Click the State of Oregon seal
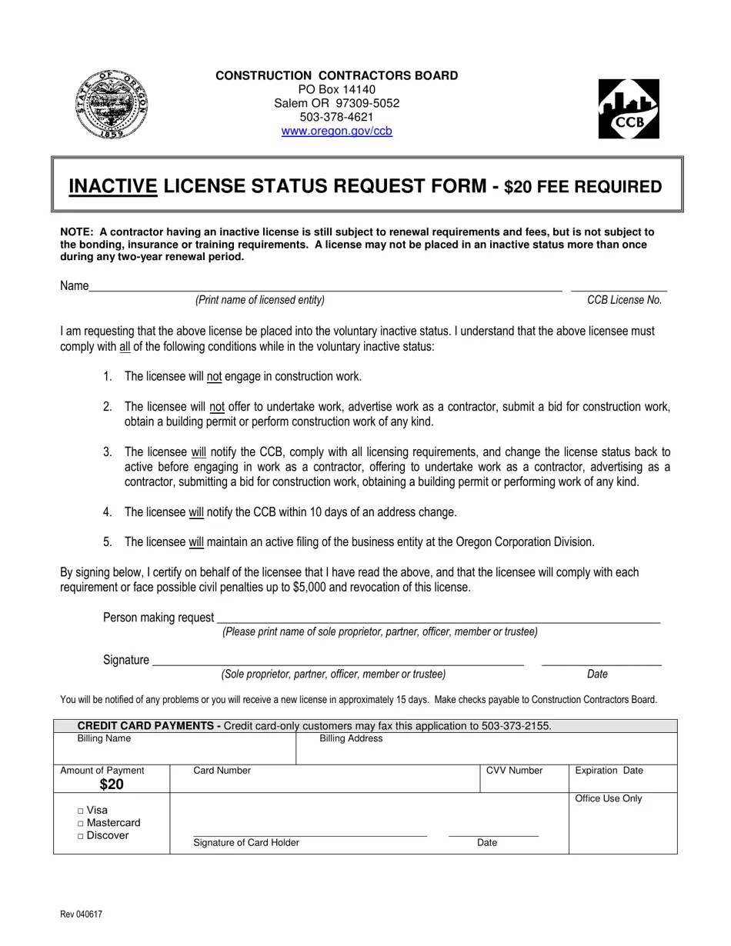[112, 104]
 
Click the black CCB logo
[629, 109]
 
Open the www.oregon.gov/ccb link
[336, 131]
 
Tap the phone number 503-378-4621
[336, 117]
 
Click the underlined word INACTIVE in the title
[113, 186]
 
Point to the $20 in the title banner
[518, 187]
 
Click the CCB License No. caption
[624, 300]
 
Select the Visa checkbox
[82, 811]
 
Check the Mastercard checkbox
[82, 824]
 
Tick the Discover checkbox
[82, 837]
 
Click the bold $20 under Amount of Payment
[112, 784]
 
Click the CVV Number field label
[514, 771]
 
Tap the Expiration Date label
[609, 771]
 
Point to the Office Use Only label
[608, 798]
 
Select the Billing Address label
[351, 738]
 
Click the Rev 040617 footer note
[81, 914]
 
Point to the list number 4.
[108, 512]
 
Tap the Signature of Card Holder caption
[246, 843]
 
